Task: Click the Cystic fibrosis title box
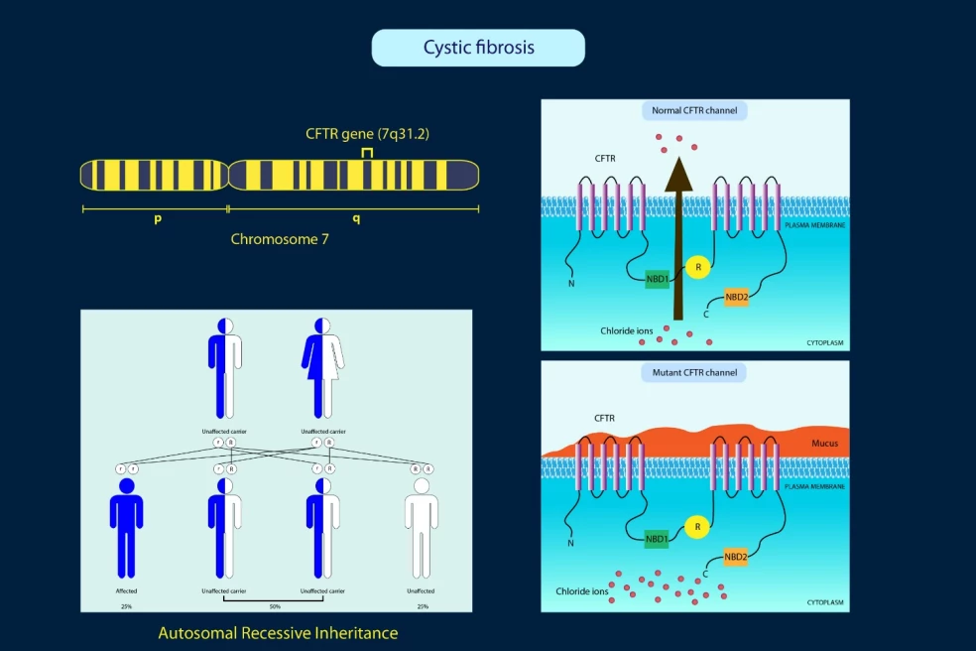[478, 48]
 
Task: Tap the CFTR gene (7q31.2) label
[367, 133]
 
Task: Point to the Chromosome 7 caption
[280, 239]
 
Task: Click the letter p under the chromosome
[158, 218]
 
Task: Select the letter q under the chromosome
[357, 218]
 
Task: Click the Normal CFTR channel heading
[694, 110]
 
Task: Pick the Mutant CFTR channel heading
[694, 373]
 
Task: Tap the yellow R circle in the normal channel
[698, 266]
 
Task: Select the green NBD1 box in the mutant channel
[656, 539]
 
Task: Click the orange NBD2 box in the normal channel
[736, 297]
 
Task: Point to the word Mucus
[825, 444]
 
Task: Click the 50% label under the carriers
[274, 606]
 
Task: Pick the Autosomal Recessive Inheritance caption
[278, 632]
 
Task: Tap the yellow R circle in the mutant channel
[698, 526]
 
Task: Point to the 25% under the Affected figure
[126, 606]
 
